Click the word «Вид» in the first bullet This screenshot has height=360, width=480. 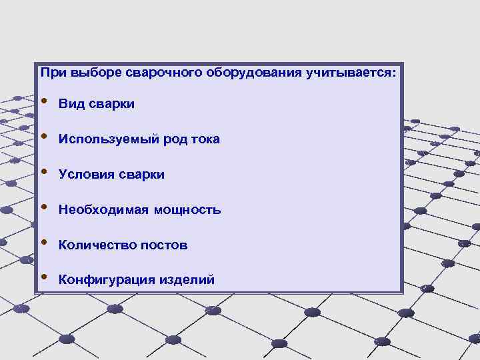69,104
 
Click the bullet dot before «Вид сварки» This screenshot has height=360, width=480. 44,101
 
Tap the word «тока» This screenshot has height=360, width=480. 204,139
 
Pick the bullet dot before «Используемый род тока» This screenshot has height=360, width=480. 44,137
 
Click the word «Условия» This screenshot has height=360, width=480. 83,175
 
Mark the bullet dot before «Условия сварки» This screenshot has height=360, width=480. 44,172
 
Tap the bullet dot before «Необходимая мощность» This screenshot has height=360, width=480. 44,207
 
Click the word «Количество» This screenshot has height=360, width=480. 97,245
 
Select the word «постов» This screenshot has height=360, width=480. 163,245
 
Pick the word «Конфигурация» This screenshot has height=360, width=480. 107,280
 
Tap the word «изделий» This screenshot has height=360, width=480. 187,280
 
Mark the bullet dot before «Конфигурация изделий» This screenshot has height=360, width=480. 44,277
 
